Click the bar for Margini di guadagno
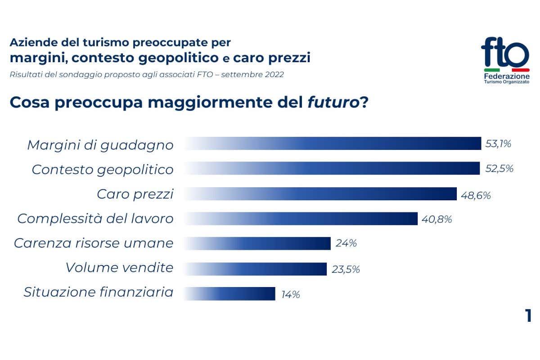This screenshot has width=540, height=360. coord(333,144)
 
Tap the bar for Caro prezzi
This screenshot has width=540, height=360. coord(320,194)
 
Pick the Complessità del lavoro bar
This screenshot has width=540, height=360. coord(301,219)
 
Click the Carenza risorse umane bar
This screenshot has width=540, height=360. coord(257,243)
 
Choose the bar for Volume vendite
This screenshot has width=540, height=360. coord(256,269)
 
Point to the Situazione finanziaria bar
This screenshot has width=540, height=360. coord(230,294)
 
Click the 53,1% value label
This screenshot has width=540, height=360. coord(498,144)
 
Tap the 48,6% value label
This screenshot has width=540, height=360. coord(476,196)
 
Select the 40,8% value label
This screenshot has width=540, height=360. coord(436,220)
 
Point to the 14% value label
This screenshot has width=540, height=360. coord(291,295)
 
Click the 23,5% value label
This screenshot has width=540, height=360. coord(346,270)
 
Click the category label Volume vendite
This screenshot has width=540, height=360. coord(119,268)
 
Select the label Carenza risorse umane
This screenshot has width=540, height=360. coord(94,243)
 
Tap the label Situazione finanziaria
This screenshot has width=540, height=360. coord(99,292)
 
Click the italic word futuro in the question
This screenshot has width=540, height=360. coord(333,103)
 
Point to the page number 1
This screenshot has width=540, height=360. coord(528,316)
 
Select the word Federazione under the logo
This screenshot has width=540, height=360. coord(507,76)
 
